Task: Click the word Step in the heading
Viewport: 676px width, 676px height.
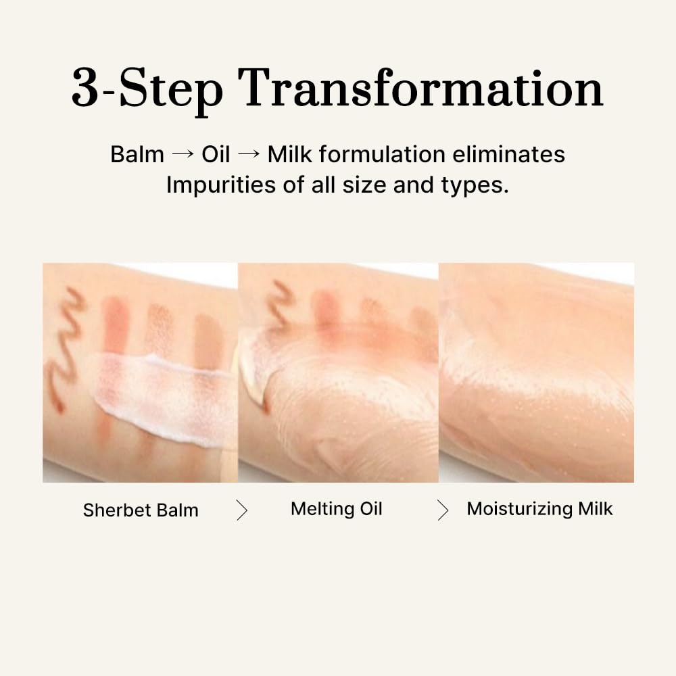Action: (x=171, y=91)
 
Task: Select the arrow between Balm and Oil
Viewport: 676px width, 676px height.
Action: (x=183, y=154)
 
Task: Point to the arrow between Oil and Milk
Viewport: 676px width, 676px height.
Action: (x=249, y=154)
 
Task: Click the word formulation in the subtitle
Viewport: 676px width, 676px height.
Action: (x=383, y=154)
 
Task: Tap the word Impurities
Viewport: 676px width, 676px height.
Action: (x=221, y=185)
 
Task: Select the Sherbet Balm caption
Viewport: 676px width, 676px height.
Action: (x=141, y=510)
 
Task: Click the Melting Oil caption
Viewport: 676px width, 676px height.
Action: (x=336, y=509)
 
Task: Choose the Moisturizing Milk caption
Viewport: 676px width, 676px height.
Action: (x=539, y=509)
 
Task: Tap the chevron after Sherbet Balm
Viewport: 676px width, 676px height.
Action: (x=242, y=510)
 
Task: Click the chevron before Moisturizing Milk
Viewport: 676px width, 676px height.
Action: (x=443, y=510)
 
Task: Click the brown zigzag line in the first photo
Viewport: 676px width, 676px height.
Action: (x=66, y=349)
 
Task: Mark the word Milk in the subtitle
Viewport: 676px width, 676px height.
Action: (x=290, y=154)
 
